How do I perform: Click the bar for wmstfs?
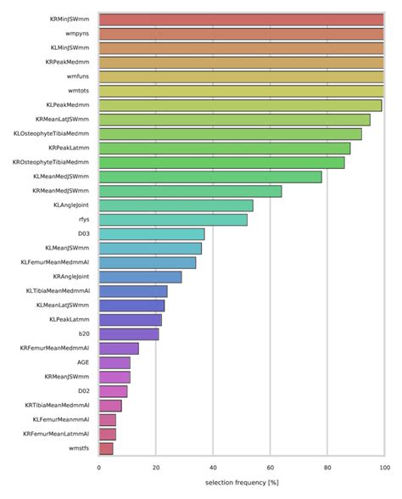click(x=106, y=448)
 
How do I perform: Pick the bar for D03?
click(x=152, y=234)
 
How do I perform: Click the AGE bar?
click(x=114, y=362)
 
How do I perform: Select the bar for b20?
click(x=129, y=334)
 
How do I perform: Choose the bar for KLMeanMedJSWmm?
click(x=210, y=177)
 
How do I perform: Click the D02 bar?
click(x=113, y=391)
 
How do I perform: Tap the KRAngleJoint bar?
click(x=140, y=277)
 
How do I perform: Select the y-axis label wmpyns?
click(x=78, y=34)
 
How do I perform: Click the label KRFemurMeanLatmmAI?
click(x=56, y=434)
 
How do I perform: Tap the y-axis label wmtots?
click(x=79, y=91)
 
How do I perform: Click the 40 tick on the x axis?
click(x=213, y=468)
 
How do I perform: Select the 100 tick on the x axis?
click(x=383, y=468)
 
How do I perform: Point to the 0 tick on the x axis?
click(x=99, y=468)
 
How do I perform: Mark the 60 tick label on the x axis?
click(x=270, y=468)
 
